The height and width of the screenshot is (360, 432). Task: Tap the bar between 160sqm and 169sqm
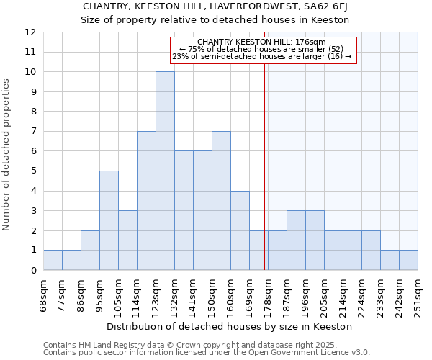[240, 230]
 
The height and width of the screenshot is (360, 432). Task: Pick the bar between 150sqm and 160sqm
[221, 201]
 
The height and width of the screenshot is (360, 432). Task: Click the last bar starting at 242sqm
[408, 260]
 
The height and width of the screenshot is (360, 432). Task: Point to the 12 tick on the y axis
[30, 32]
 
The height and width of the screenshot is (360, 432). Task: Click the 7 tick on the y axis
[32, 132]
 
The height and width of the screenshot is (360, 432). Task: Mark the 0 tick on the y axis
[32, 271]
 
